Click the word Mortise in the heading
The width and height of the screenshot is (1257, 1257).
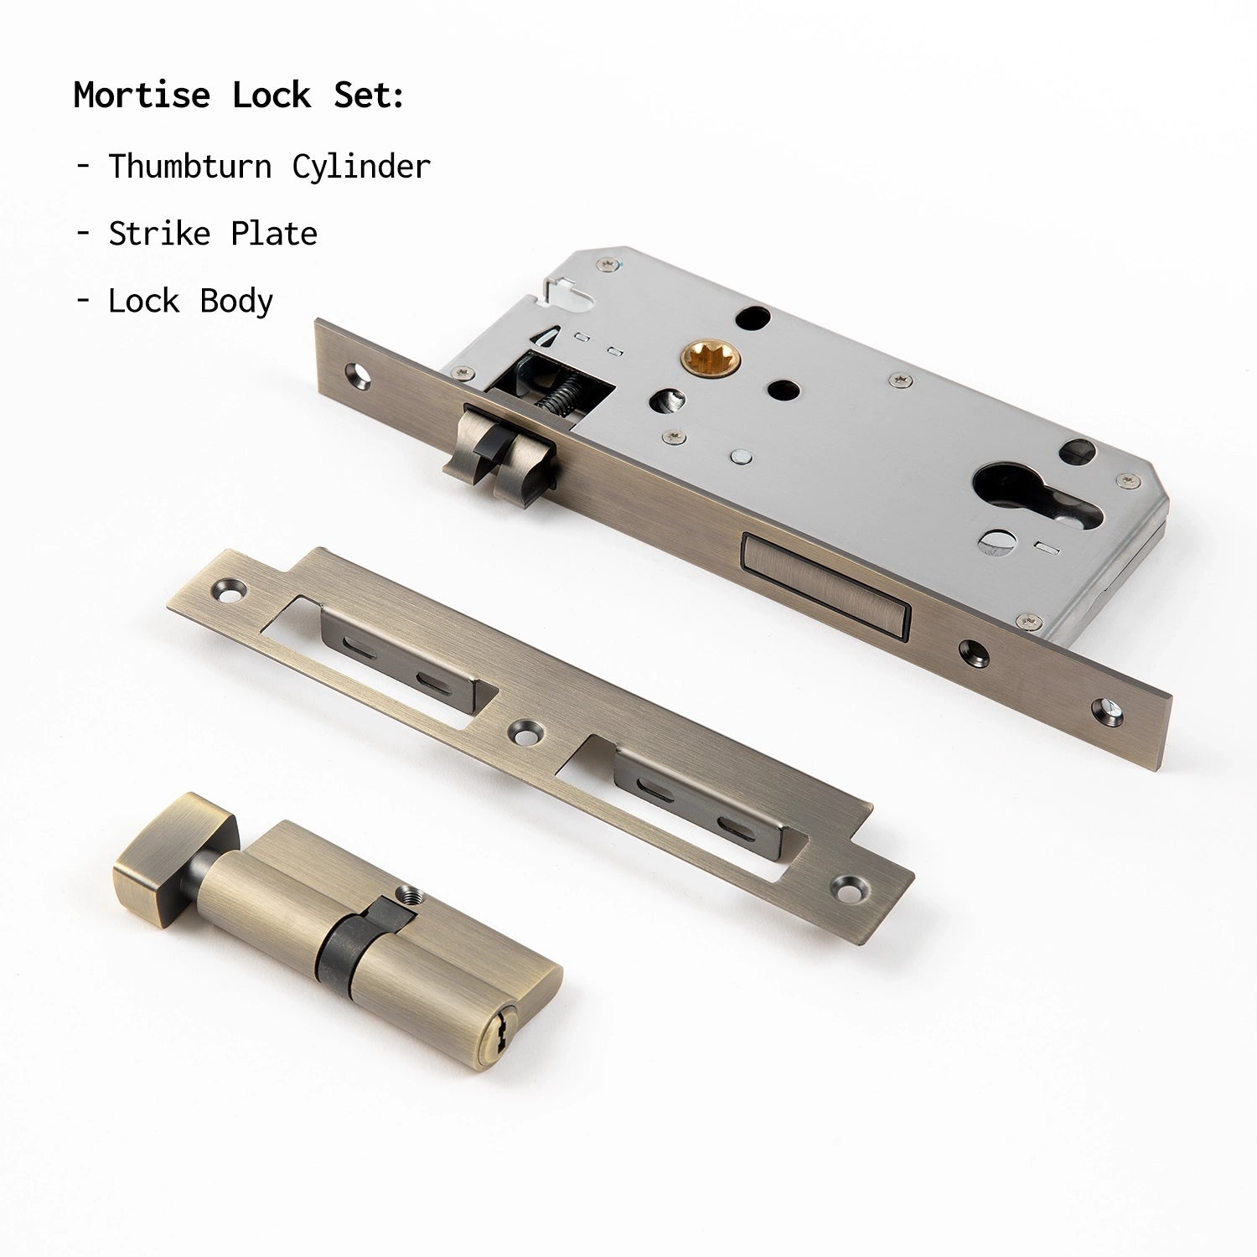142,95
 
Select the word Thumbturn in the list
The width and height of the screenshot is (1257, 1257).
190,166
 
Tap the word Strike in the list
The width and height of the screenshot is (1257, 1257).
159,234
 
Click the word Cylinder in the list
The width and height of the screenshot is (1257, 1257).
361,167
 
